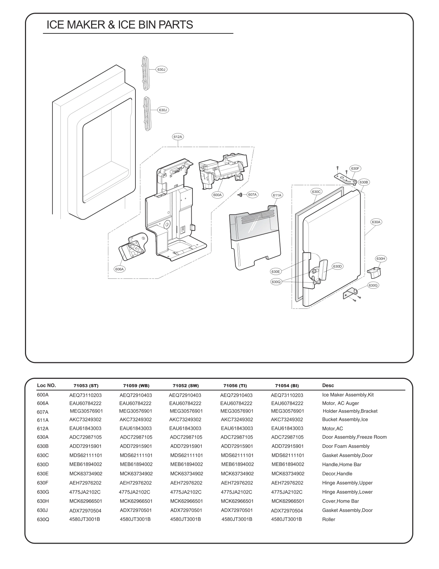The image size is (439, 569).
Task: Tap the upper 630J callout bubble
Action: point(161,70)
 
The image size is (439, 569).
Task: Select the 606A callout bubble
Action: point(120,269)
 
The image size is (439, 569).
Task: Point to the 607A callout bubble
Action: point(252,194)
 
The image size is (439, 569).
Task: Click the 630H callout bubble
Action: point(381,258)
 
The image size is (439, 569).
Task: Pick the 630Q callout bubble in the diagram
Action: point(276,282)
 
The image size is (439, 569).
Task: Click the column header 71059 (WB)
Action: point(136,386)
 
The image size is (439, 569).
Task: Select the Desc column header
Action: point(328,385)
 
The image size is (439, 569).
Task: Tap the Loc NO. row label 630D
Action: point(43,464)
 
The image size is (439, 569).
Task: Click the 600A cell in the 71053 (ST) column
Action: point(85,395)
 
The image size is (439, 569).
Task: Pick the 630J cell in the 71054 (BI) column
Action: point(287,511)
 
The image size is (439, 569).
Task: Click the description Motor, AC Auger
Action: point(340,403)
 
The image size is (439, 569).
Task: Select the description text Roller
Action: point(329,519)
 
